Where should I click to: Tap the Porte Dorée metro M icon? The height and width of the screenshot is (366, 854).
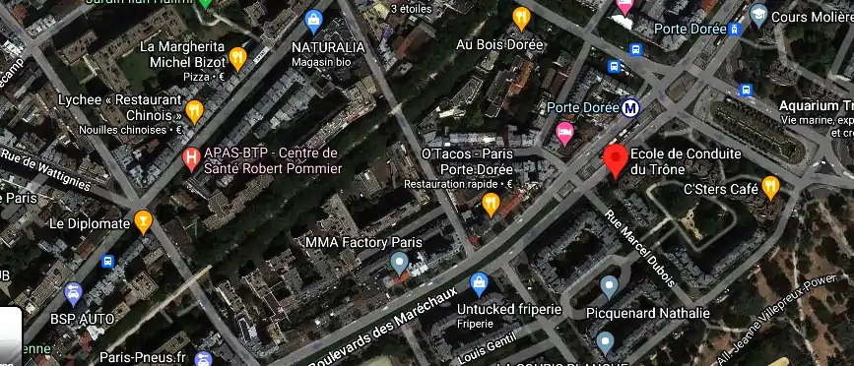[629, 108]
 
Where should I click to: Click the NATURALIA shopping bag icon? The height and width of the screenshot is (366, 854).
[314, 19]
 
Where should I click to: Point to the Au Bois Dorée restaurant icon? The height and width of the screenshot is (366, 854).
[521, 18]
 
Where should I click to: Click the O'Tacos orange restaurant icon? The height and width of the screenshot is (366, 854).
[491, 203]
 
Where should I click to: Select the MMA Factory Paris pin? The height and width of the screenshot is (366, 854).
[399, 263]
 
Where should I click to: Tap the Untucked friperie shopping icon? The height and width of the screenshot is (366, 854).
[480, 283]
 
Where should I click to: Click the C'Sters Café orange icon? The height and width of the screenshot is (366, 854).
[771, 186]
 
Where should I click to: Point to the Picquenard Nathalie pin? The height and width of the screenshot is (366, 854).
[609, 287]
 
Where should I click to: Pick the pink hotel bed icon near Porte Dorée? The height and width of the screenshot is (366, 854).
[564, 134]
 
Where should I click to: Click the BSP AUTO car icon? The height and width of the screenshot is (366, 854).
[72, 293]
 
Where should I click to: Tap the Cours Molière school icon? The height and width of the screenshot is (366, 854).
[758, 14]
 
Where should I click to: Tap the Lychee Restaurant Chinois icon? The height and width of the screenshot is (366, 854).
[194, 111]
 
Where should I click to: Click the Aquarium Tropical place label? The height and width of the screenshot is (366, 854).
[815, 105]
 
